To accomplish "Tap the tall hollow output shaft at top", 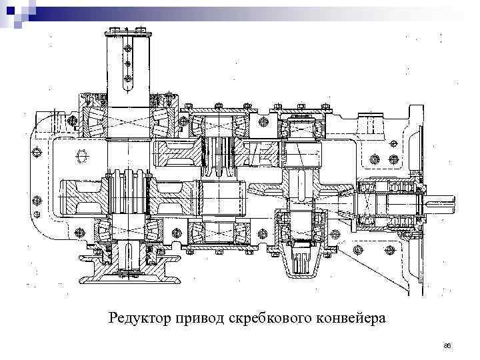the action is click(x=127, y=67).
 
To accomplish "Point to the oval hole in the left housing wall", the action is click(x=81, y=155).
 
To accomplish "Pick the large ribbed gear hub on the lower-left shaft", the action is click(x=127, y=193).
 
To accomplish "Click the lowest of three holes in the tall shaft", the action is click(x=127, y=79).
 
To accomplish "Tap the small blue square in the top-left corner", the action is click(x=10, y=10).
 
